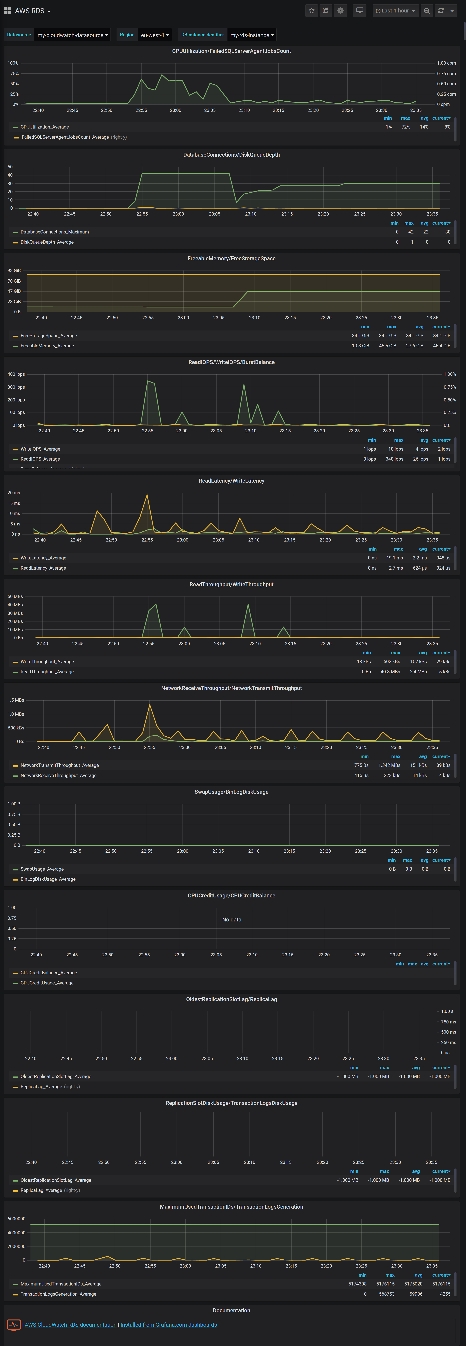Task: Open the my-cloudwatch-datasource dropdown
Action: click(72, 35)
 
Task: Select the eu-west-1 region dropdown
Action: click(154, 35)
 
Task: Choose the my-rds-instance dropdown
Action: click(251, 35)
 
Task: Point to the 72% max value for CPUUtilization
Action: click(405, 127)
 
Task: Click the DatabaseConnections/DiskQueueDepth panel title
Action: click(231, 155)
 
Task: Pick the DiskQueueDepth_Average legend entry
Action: click(47, 242)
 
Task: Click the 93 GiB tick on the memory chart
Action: click(14, 271)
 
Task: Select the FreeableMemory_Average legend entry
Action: click(47, 346)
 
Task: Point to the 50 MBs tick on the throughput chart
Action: click(15, 596)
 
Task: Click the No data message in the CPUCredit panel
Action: click(232, 920)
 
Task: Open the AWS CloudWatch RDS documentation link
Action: click(70, 1325)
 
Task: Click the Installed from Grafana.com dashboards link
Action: click(169, 1325)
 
